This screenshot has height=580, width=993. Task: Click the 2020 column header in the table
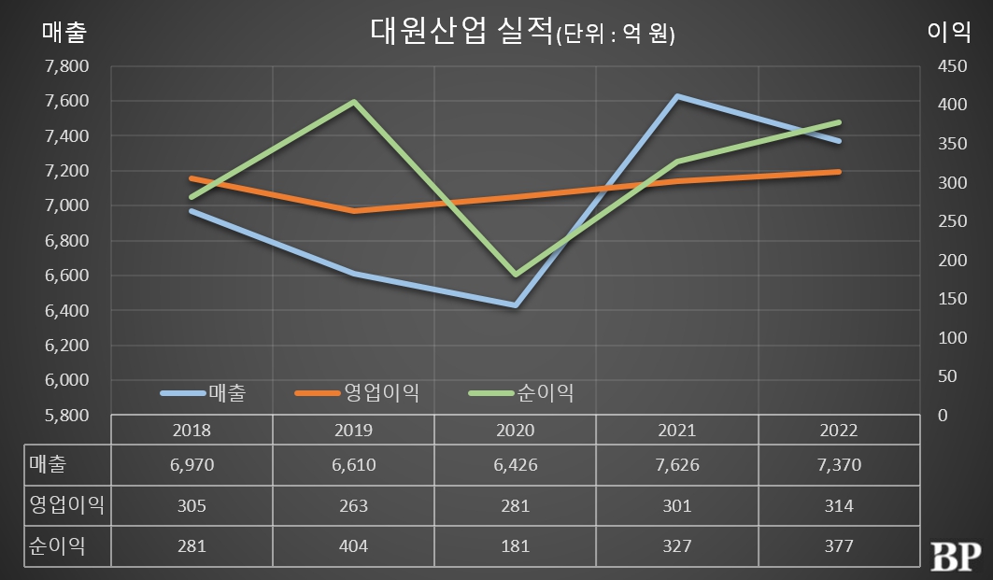coord(515,431)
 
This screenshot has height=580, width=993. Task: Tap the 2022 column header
coord(838,431)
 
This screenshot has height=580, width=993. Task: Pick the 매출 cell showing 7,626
coord(676,464)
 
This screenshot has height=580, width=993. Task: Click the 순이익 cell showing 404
coord(353,546)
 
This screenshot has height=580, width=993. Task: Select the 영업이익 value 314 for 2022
coord(838,505)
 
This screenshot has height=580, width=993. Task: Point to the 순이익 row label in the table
coord(58,546)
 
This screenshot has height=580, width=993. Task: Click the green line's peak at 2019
coord(353,101)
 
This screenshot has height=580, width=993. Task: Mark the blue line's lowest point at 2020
coord(515,305)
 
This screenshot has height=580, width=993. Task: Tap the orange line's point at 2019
coord(353,211)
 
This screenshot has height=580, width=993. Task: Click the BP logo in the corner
coord(956,553)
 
